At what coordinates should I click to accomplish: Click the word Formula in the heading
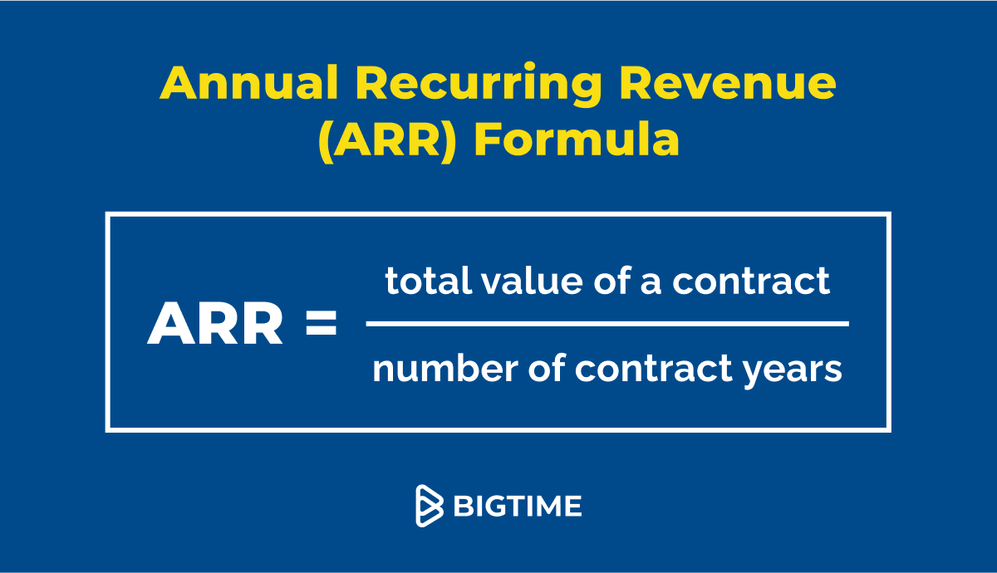(x=577, y=140)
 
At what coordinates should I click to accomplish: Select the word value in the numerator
(x=518, y=282)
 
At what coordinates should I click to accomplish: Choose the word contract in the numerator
(x=751, y=282)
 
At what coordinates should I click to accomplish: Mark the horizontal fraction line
(x=607, y=324)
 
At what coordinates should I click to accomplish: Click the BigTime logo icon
(x=430, y=506)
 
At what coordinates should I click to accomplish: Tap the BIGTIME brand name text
(x=517, y=506)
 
